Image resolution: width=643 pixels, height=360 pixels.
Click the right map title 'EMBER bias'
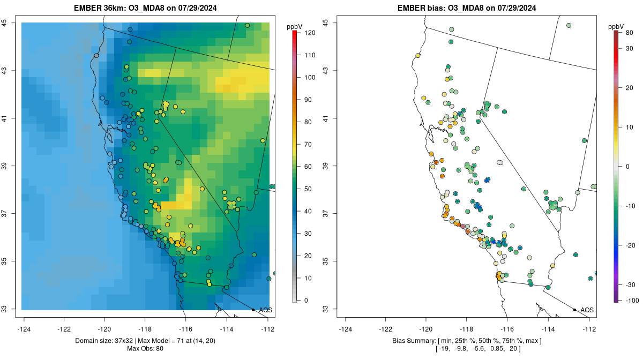pos(420,8)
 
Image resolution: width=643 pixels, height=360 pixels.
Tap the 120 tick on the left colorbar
pos(309,33)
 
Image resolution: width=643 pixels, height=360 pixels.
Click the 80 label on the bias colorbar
pos(629,33)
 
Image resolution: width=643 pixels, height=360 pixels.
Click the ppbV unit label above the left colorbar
pos(294,26)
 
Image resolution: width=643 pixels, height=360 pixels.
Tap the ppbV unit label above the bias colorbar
pos(616,26)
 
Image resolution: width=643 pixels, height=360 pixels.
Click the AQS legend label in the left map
pos(265,310)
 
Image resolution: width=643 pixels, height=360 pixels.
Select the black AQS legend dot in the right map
pos(574,310)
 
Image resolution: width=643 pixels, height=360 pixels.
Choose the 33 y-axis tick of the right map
pos(325,309)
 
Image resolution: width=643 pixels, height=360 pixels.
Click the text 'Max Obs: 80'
pos(145,349)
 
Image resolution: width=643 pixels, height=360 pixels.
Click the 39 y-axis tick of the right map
pos(325,166)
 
